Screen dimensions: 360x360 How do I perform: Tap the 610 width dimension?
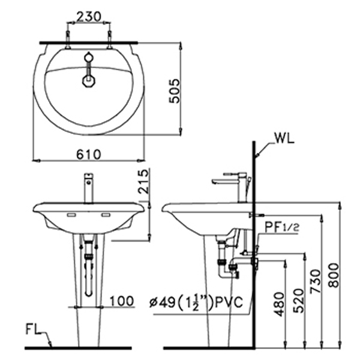click(89, 154)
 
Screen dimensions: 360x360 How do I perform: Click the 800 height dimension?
click(334, 272)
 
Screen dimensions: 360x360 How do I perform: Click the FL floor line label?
click(34, 329)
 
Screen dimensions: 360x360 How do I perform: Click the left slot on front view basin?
click(71, 214)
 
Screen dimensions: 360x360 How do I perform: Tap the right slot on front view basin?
click(107, 214)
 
